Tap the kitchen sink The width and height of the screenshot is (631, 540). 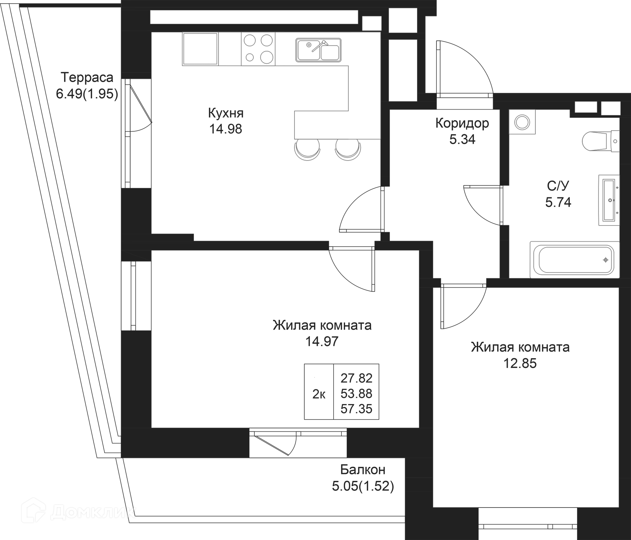point(318,50)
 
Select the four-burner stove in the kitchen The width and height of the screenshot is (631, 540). point(258,49)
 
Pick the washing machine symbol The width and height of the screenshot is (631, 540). point(522,122)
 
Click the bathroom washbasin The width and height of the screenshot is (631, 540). point(609,200)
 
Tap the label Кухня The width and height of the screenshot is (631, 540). point(226,113)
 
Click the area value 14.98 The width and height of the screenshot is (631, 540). point(225,129)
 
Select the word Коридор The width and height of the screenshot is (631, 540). point(462,123)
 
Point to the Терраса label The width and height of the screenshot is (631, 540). point(87,77)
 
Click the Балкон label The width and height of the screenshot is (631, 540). point(362,470)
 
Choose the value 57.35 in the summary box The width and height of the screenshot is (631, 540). point(356,409)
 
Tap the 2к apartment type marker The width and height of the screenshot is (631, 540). point(319,394)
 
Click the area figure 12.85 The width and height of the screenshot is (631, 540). point(520,363)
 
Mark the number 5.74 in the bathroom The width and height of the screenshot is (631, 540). point(558,202)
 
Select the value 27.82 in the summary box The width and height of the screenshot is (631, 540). point(356,378)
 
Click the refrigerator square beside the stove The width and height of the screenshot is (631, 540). point(200,49)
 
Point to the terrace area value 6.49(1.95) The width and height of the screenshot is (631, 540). point(87,94)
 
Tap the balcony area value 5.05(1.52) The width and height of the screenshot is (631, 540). point(363,486)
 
